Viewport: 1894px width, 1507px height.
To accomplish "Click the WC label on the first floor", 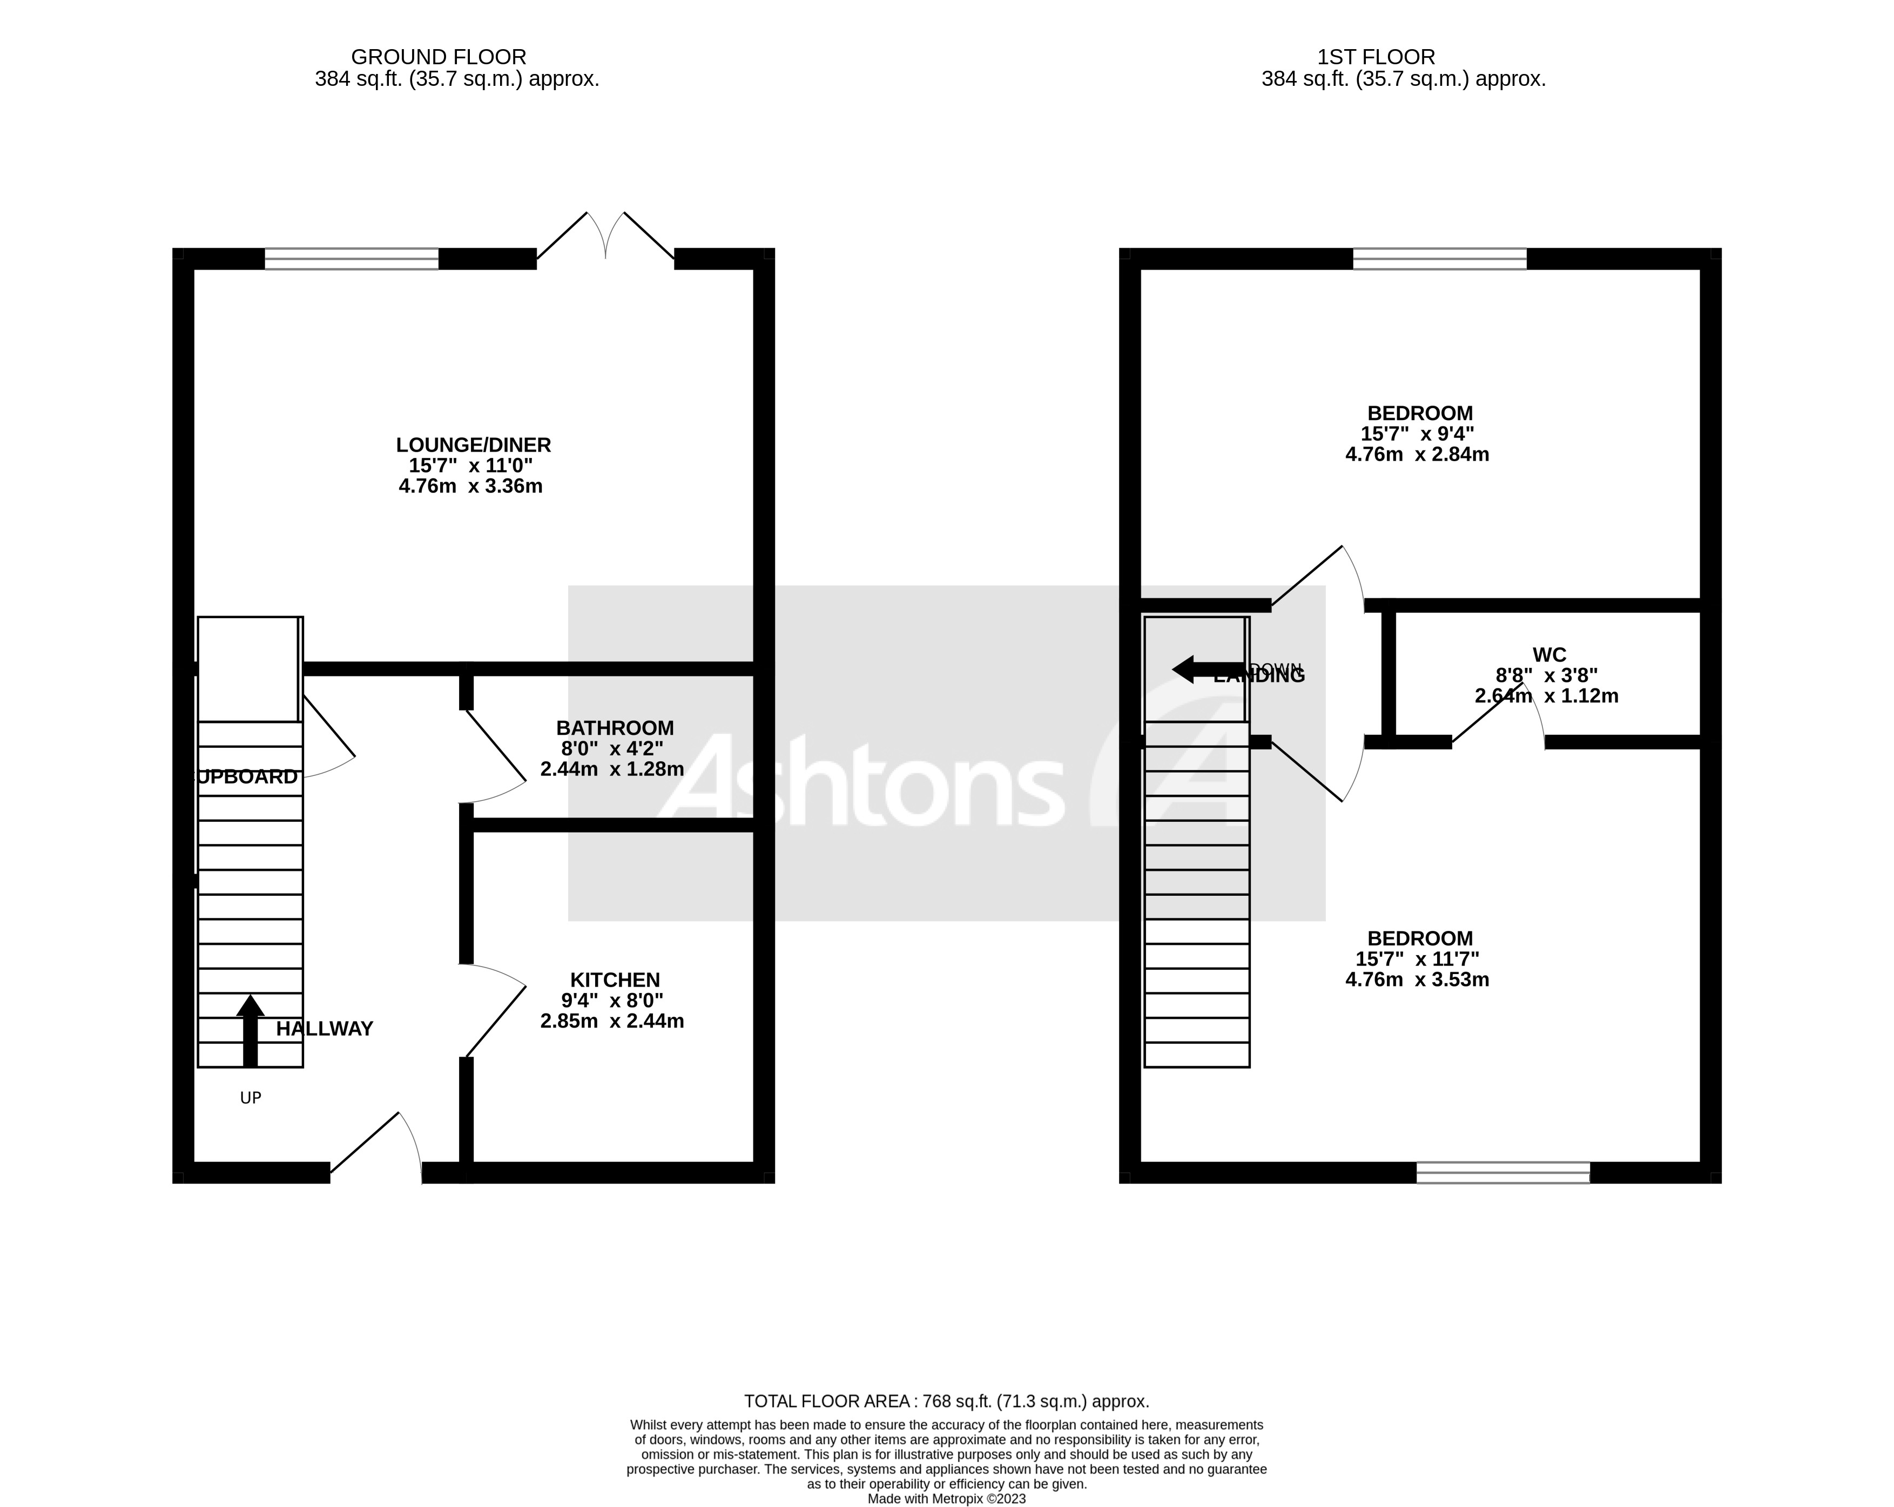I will coord(1549,654).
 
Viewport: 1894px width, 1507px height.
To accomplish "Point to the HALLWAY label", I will coord(324,1029).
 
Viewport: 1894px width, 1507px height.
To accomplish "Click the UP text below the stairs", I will coord(251,1098).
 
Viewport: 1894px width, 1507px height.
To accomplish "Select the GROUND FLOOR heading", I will coord(439,57).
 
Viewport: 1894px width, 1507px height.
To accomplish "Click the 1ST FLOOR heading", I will coord(1376,57).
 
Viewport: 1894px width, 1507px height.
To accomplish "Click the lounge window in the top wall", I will coord(352,258).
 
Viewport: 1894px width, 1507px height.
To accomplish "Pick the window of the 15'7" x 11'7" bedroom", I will coord(1503,1172).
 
